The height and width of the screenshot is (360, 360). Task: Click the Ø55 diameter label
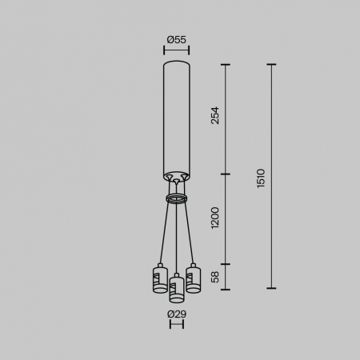[x=176, y=38]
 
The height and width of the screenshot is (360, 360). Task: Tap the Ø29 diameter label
[x=176, y=314]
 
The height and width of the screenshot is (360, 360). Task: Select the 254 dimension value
[x=214, y=115]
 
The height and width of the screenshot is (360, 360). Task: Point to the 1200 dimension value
[x=214, y=218]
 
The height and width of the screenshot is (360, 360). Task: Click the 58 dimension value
[x=214, y=276]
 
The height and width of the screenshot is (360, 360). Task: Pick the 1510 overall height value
[x=261, y=178]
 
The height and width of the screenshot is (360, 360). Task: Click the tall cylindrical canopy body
[x=176, y=116]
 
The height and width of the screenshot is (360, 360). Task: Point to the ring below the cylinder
[x=176, y=197]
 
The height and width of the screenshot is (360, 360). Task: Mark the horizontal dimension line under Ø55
[x=176, y=50]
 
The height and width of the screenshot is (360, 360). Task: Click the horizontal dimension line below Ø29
[x=176, y=326]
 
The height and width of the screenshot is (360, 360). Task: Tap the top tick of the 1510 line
[x=272, y=65]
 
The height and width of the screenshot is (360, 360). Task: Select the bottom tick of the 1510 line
[x=272, y=288]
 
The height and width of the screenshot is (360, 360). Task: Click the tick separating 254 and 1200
[x=226, y=174]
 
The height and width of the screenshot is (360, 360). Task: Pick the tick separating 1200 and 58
[x=226, y=263]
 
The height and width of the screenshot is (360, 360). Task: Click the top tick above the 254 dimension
[x=226, y=65]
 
